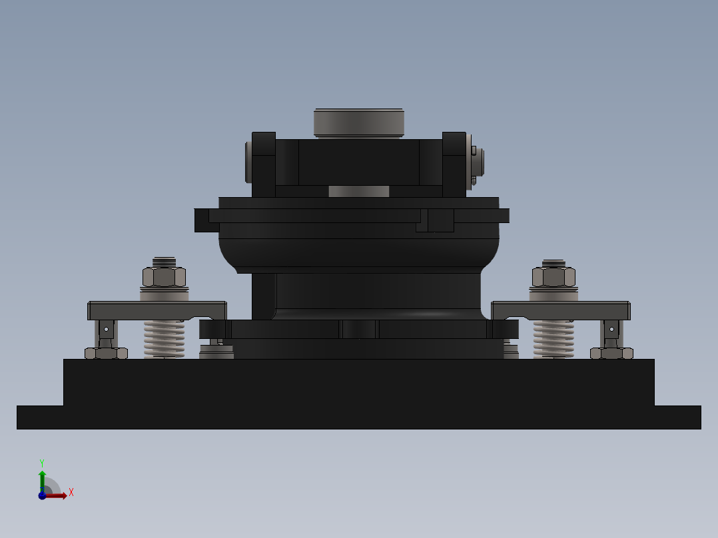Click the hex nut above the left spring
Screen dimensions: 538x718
164,277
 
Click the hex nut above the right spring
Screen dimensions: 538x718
553,277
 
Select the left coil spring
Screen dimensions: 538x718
164,338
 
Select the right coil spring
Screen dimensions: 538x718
553,338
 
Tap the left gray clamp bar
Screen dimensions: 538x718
157,310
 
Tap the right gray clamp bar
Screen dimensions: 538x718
561,310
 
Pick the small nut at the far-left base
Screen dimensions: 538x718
106,354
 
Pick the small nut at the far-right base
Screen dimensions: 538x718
611,354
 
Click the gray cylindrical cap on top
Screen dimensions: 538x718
359,123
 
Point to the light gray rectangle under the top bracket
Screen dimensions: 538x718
358,192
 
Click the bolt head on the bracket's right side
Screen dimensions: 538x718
477,162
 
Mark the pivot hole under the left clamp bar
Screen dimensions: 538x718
106,329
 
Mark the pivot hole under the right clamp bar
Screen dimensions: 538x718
611,329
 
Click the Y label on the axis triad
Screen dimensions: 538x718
42,462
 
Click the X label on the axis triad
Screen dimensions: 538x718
71,493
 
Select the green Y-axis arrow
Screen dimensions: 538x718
42,478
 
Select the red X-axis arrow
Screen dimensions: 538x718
57,495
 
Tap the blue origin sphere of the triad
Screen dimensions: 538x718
42,495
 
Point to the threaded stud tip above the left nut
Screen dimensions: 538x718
164,262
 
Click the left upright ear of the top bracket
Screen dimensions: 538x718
264,164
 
